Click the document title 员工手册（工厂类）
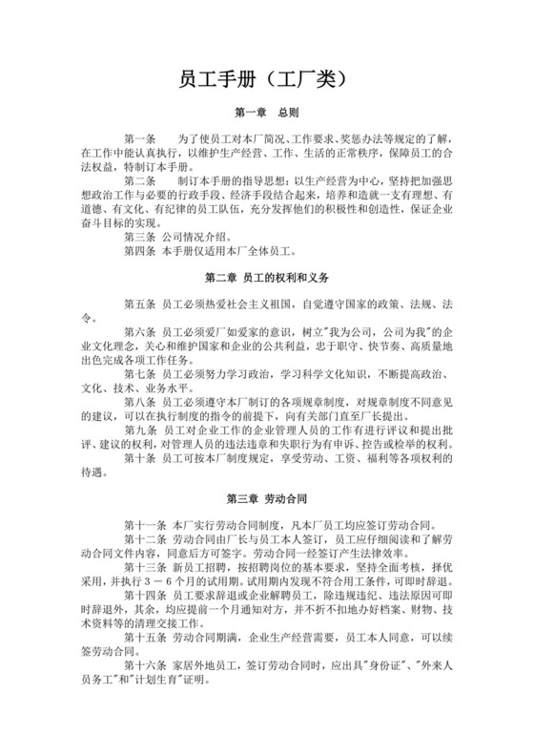(266, 83)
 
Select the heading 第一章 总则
(266, 112)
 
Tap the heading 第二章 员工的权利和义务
(266, 278)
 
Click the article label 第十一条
(144, 525)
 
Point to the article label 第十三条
(144, 566)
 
